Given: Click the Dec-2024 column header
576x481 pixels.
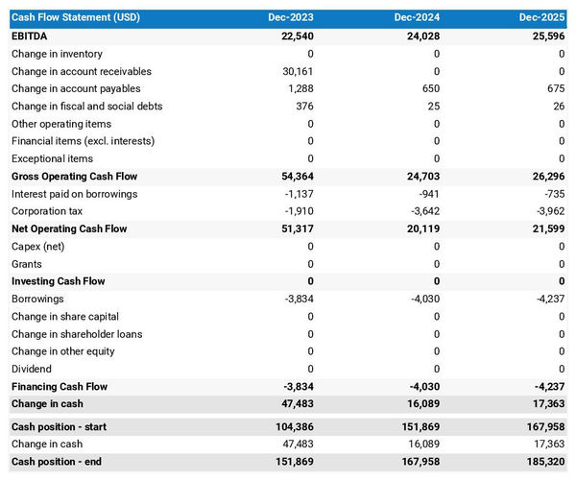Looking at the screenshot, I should coord(417,18).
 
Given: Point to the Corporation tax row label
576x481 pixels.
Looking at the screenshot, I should coord(47,211).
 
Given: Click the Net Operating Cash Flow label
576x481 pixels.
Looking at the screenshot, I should coord(69,228).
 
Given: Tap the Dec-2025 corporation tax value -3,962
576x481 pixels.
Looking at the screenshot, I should coord(546,211).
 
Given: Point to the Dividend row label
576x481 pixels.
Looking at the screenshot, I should coord(32,369).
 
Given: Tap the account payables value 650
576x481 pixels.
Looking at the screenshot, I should coord(428,89).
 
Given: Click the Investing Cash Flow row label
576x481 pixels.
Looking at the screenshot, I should coord(59,281).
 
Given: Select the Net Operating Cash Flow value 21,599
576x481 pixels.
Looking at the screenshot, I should coord(546,228).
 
